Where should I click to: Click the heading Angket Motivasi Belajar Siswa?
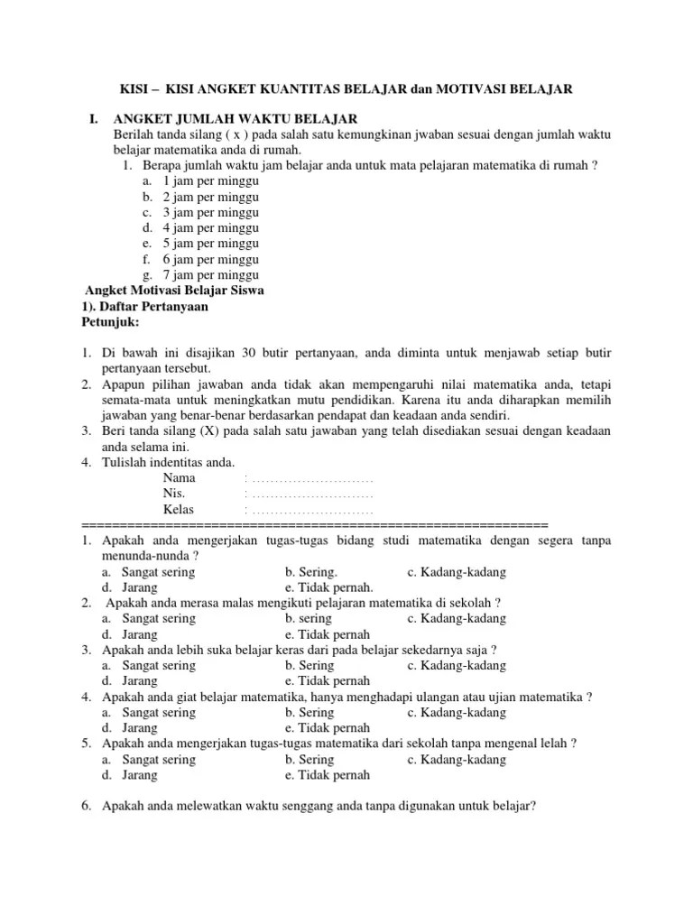174,290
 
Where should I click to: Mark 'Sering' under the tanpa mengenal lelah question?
310,759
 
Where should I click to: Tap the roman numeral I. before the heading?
92,119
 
